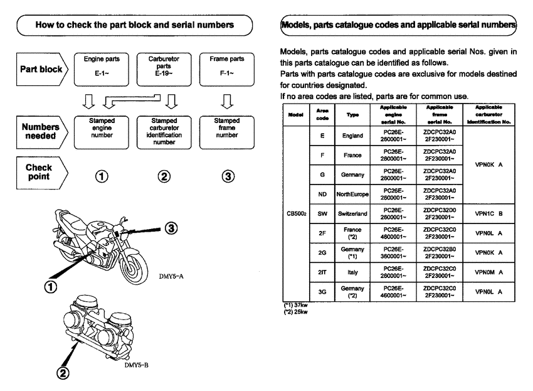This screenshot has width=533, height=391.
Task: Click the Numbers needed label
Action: click(39, 128)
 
